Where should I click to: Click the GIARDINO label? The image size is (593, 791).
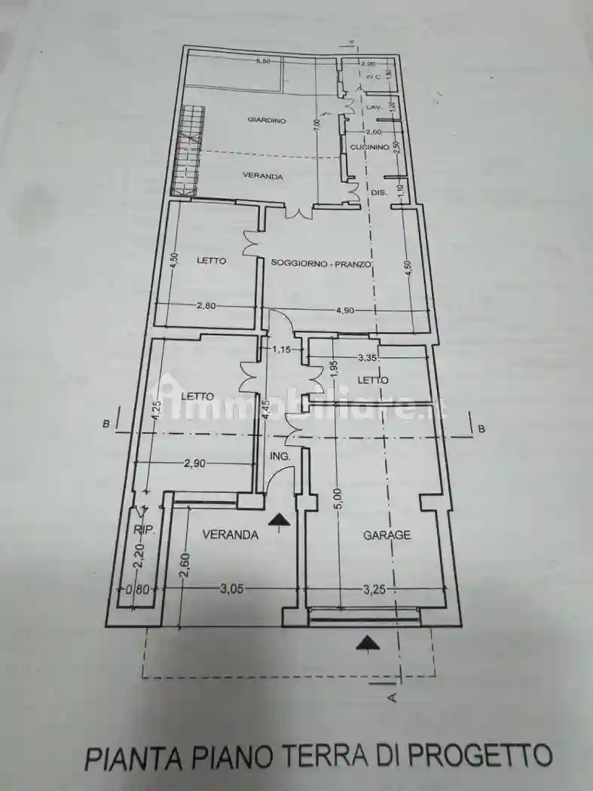pyautogui.click(x=267, y=120)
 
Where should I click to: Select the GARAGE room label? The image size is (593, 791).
pyautogui.click(x=387, y=535)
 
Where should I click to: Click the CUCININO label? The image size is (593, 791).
pyautogui.click(x=369, y=148)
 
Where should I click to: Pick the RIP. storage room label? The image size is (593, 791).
pyautogui.click(x=143, y=530)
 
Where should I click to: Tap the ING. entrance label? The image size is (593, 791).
pyautogui.click(x=280, y=457)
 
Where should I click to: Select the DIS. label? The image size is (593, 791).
pyautogui.click(x=378, y=194)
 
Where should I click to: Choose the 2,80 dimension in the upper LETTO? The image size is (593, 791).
pyautogui.click(x=206, y=305)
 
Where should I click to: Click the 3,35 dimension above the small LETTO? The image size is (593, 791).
pyautogui.click(x=368, y=357)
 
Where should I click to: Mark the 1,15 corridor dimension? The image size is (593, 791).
pyautogui.click(x=281, y=350)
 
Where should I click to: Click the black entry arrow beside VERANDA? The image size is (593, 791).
pyautogui.click(x=279, y=519)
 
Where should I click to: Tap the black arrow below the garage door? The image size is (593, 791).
pyautogui.click(x=367, y=642)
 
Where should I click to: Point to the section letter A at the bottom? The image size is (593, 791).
pyautogui.click(x=391, y=698)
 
